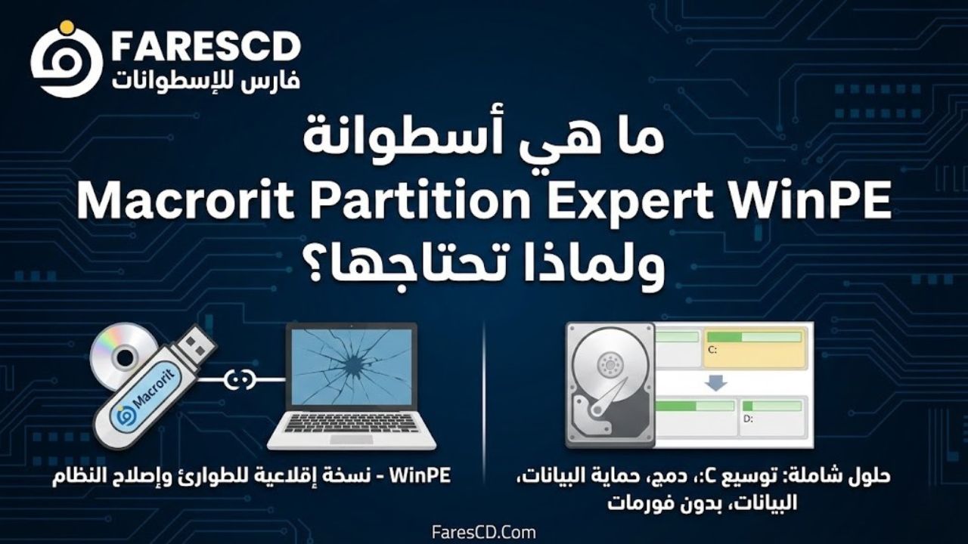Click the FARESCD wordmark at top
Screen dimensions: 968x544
click(206, 47)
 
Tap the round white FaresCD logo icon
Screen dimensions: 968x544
click(66, 60)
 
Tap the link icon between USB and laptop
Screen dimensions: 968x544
click(240, 379)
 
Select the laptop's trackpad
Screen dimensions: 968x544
click(352, 439)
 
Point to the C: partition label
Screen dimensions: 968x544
click(712, 349)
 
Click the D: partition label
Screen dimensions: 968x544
click(748, 419)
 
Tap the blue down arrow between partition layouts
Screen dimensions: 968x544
click(715, 383)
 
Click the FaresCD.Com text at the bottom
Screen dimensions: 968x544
click(483, 533)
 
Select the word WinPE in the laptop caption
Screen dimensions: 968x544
click(420, 476)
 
